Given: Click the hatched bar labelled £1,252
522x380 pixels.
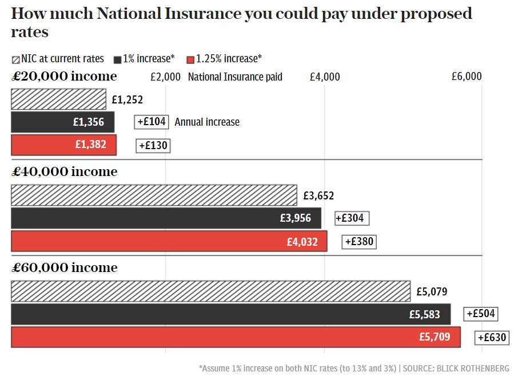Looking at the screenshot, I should [58, 99].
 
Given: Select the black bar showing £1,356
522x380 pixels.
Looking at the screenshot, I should [62, 122].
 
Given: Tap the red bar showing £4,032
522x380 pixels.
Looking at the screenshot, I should [169, 241].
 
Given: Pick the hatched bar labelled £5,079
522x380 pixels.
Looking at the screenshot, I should [210, 291].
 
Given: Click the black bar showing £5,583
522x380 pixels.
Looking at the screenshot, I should [230, 314].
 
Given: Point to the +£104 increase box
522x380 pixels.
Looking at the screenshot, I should [152, 122].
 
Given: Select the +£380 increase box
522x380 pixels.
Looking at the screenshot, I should [359, 242].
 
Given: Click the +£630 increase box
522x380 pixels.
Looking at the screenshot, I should [492, 337].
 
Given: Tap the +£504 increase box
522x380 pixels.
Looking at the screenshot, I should [481, 314].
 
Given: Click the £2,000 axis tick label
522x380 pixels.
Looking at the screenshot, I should [165, 77].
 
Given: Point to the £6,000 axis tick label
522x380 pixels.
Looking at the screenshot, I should [467, 77].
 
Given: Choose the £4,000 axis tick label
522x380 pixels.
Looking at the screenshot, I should [324, 77].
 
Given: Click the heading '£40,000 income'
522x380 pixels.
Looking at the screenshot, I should [64, 171].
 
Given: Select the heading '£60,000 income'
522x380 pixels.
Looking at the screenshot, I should [64, 267].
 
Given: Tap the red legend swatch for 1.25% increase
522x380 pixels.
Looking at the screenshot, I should [190, 59].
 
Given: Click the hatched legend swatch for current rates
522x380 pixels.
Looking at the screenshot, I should [15, 59].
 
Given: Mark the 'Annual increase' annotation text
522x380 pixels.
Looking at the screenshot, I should [207, 122].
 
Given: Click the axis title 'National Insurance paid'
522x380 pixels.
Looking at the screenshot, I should [235, 77].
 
